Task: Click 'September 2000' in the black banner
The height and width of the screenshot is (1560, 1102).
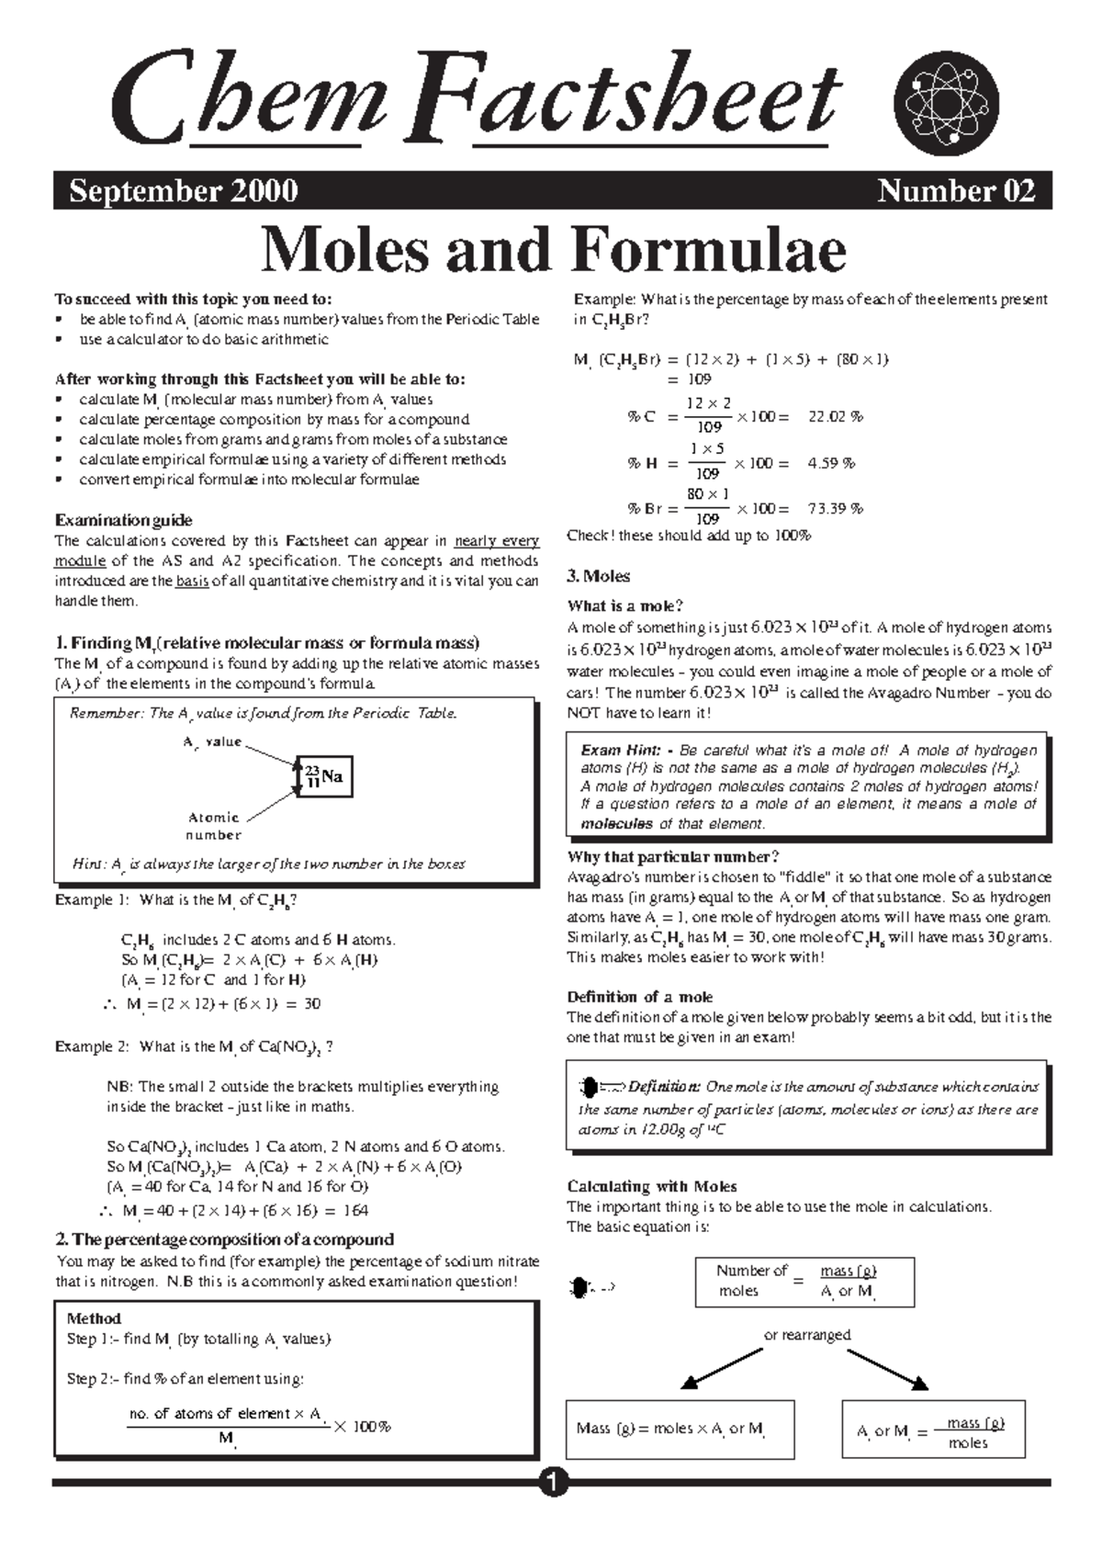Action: pyautogui.click(x=184, y=191)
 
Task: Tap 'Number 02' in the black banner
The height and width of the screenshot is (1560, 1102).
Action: pyautogui.click(x=955, y=191)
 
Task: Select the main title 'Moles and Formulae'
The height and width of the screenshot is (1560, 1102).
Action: pyautogui.click(x=553, y=250)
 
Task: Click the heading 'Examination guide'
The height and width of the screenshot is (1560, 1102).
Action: pyautogui.click(x=123, y=520)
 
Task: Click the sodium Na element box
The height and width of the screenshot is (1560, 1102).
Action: pyautogui.click(x=323, y=777)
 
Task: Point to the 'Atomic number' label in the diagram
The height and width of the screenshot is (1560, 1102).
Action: pyautogui.click(x=214, y=826)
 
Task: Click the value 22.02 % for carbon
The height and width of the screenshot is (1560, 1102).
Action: pyautogui.click(x=835, y=416)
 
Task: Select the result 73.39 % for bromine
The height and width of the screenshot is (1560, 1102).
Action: pyautogui.click(x=835, y=508)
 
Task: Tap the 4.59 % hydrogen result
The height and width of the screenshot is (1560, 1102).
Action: pyautogui.click(x=831, y=463)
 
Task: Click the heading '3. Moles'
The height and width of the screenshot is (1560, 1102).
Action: pyautogui.click(x=598, y=576)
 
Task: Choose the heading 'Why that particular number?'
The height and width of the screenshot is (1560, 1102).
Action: pyautogui.click(x=673, y=856)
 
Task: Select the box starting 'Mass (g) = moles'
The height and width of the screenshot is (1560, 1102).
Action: pyautogui.click(x=680, y=1429)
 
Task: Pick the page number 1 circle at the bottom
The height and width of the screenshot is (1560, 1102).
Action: pyautogui.click(x=553, y=1481)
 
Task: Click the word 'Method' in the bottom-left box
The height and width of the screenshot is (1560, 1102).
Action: pyautogui.click(x=94, y=1318)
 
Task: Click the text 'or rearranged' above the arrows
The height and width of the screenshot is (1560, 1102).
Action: pyautogui.click(x=807, y=1334)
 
